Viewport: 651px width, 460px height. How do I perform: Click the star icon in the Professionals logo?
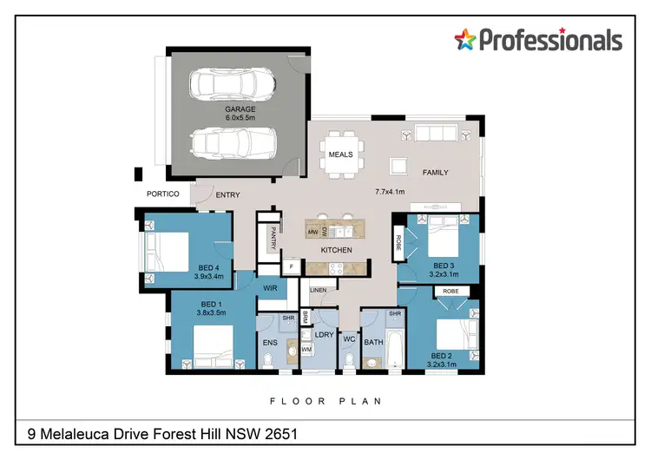pos(467,39)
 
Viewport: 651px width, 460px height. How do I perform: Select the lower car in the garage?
pos(231,141)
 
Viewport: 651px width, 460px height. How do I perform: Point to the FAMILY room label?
pos(435,172)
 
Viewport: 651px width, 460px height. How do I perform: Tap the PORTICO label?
pos(162,194)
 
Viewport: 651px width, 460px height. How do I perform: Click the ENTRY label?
pos(227,194)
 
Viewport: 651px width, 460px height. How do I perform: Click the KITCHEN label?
pos(336,250)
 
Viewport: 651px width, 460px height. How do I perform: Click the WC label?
pos(350,339)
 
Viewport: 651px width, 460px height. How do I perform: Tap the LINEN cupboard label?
pos(318,289)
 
